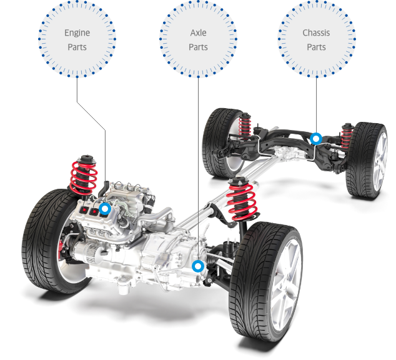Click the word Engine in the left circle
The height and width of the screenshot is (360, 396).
click(x=77, y=33)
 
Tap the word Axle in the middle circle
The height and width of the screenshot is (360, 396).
click(x=198, y=33)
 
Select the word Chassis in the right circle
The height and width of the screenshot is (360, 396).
click(x=316, y=33)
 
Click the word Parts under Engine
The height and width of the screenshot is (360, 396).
click(x=77, y=47)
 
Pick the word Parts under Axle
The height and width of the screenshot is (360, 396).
click(x=198, y=47)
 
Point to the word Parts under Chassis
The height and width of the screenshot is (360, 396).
click(x=316, y=47)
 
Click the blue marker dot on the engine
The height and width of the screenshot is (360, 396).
click(x=104, y=209)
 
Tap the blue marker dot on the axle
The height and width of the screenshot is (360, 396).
click(x=198, y=266)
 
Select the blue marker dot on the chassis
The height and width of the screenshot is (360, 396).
click(x=316, y=139)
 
